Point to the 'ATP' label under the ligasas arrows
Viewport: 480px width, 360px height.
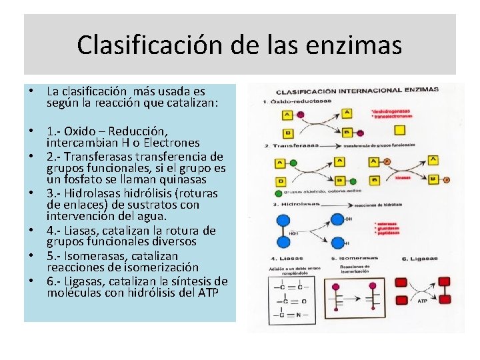422,301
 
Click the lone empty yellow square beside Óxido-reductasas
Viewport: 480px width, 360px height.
399,130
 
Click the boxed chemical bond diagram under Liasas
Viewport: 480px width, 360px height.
293,297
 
